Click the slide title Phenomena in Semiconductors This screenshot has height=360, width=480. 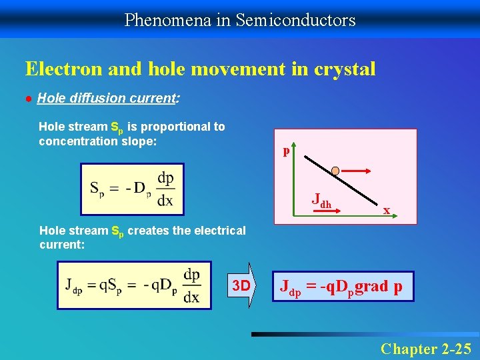pos(240,20)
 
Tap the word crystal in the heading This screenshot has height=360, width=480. pos(344,69)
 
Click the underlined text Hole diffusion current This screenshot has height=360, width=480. pos(105,98)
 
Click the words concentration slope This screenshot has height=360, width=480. pos(97,141)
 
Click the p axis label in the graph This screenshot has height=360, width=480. pos(286,151)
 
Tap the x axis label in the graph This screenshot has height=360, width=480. pos(386,210)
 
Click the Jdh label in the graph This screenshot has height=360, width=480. pos(321,199)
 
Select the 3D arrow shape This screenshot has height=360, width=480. pos(243,286)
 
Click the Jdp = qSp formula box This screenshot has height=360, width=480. pos(133,285)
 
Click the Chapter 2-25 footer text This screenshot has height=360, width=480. pos(425,348)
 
